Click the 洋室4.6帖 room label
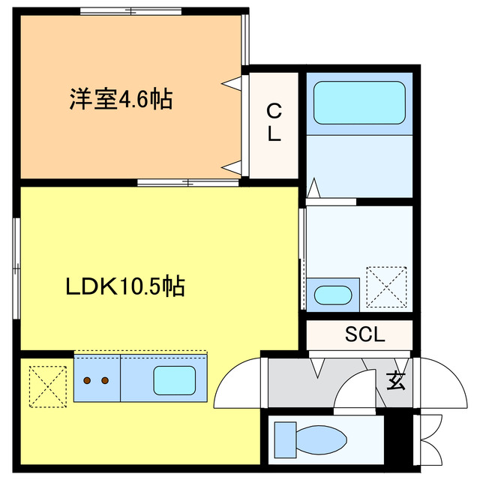coord(121,99)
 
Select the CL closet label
coord(274,123)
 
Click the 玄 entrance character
coord(395,380)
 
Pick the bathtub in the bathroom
coord(358,103)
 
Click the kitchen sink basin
coord(174,379)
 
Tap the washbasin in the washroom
coord(330,294)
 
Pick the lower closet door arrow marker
coord(235,166)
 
